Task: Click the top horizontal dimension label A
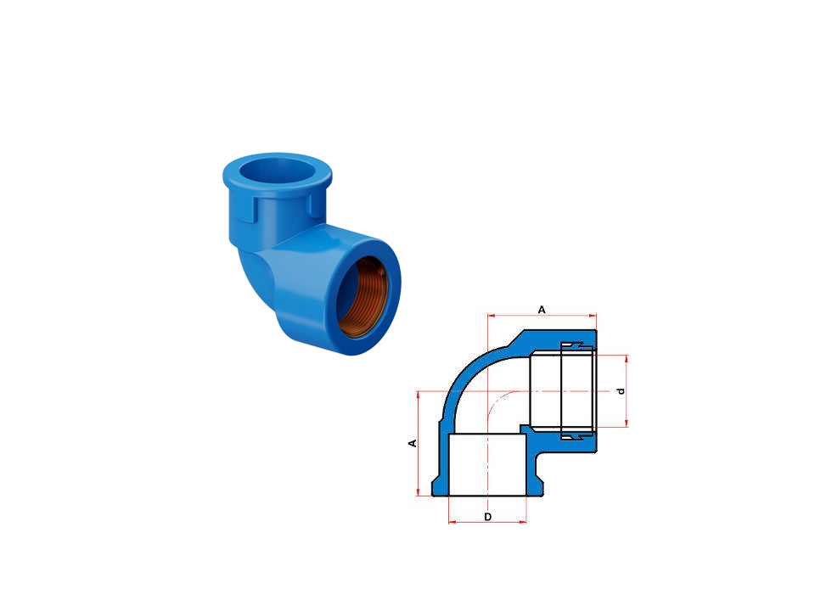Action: pyautogui.click(x=542, y=310)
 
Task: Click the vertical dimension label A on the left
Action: pyautogui.click(x=413, y=443)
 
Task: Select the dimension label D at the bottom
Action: pyautogui.click(x=487, y=517)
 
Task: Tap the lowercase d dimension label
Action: pyautogui.click(x=621, y=390)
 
